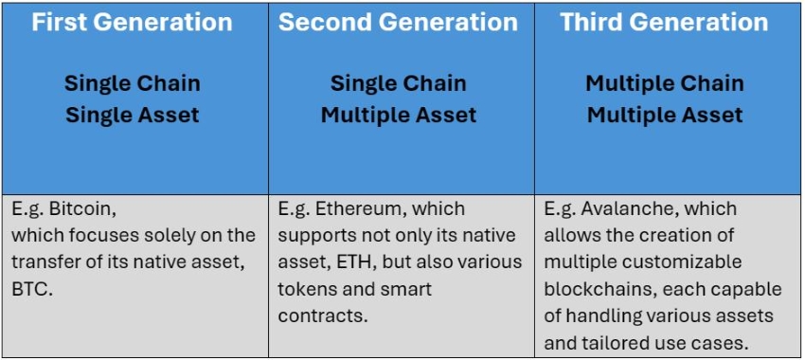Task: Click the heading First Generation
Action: pos(132,23)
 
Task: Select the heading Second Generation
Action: pos(398,23)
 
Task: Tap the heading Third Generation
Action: pos(664,23)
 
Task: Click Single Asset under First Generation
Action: pos(132,116)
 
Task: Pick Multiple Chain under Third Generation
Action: pos(664,83)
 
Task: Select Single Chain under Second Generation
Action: pos(398,83)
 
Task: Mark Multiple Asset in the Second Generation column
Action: pos(398,116)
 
